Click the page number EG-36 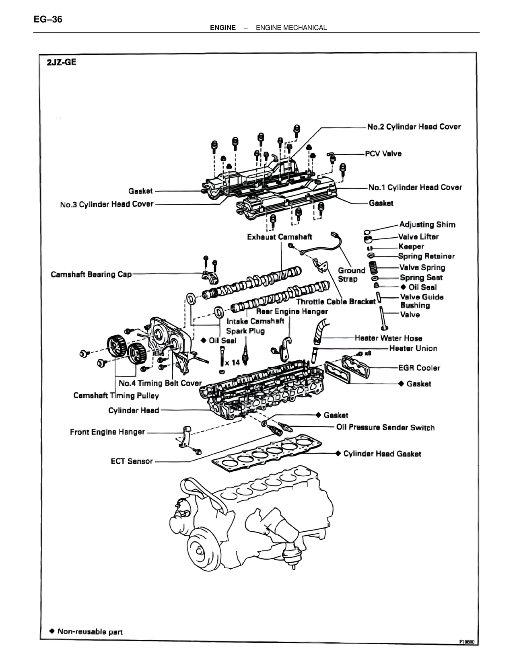48,19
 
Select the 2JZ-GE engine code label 62,62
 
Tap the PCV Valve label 383,154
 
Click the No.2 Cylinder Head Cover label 414,127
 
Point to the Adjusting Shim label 427,224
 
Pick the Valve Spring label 422,267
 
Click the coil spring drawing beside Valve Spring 373,267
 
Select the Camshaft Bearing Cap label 91,274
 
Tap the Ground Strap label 351,275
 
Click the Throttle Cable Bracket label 336,301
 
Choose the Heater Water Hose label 388,338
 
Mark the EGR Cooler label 419,368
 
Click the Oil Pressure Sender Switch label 385,428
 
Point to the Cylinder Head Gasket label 382,454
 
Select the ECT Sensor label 132,461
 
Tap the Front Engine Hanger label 107,432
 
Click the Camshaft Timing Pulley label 116,395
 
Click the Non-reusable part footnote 90,631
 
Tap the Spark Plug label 245,331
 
